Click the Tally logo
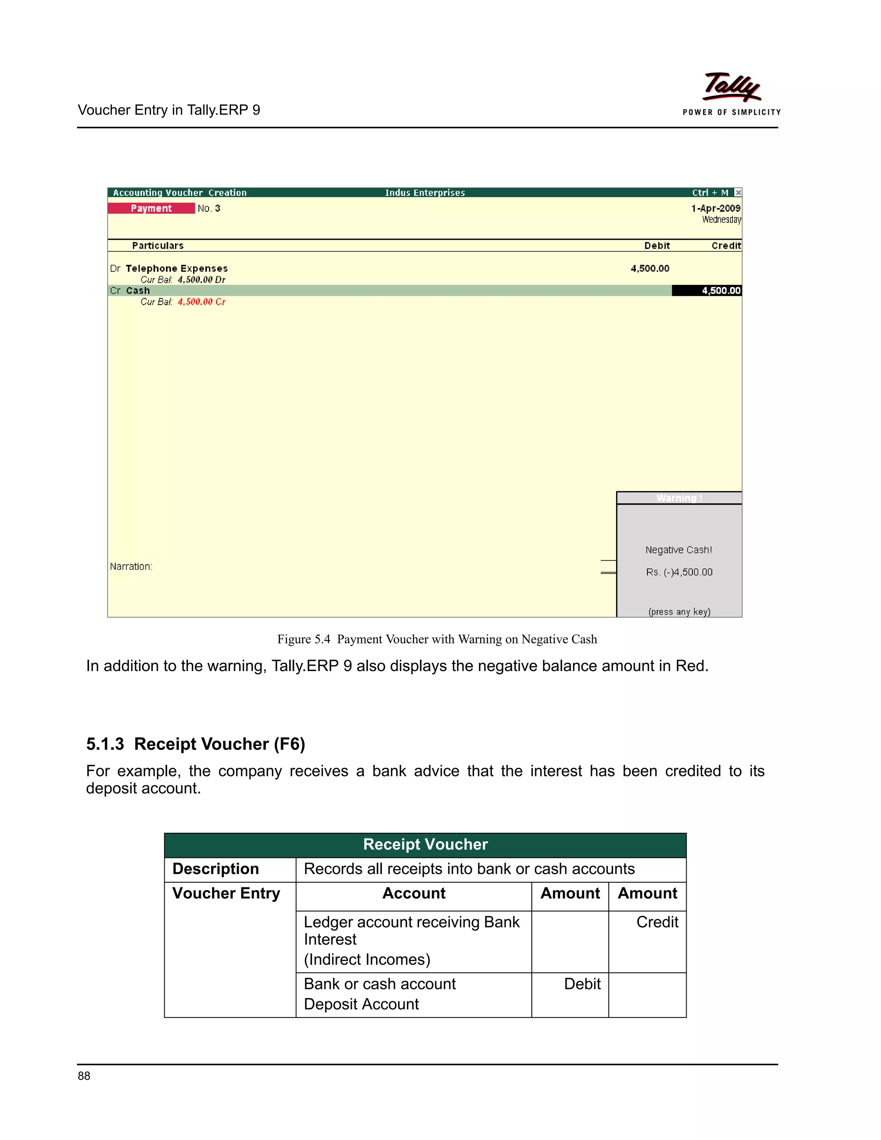coord(732,88)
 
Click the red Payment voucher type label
coord(151,208)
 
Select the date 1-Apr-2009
coord(715,208)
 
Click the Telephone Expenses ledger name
coord(176,268)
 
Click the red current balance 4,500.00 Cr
coord(201,302)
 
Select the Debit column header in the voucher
coord(656,246)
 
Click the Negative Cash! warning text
coord(678,550)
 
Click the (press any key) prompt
coord(679,612)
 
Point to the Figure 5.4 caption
coord(437,639)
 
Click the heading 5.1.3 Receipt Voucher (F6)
coord(196,744)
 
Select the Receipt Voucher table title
coord(425,844)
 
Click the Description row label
coord(216,869)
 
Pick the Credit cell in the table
coord(657,922)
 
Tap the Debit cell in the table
coord(582,984)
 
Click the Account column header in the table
coord(414,893)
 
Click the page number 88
coord(84,1076)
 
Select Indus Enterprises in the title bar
coord(425,193)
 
